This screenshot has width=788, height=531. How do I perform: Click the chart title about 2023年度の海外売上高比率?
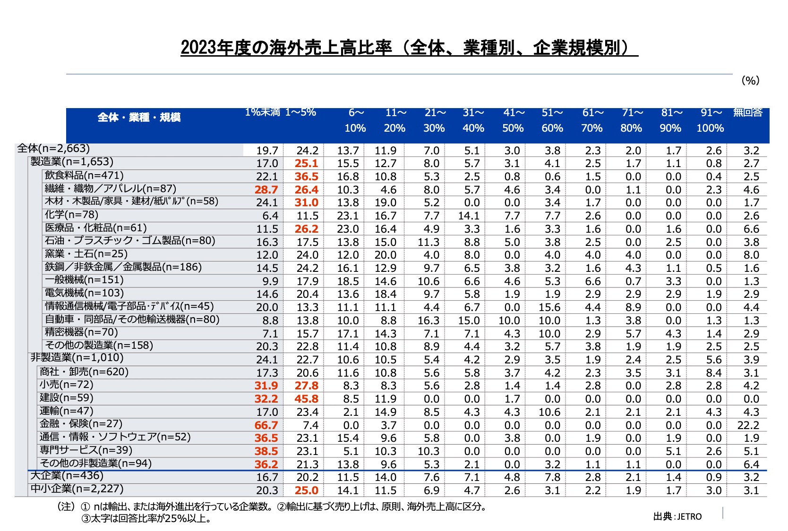[409, 48]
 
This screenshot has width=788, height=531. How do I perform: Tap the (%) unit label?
[750, 81]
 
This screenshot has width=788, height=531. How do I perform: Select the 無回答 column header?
[748, 112]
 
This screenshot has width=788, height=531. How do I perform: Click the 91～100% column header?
[711, 120]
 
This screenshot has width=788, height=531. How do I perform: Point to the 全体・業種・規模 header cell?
[139, 118]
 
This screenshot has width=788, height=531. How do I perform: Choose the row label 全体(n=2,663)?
[53, 149]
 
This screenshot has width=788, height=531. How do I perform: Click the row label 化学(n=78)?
[71, 215]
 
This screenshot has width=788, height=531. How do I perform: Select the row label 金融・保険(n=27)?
[81, 424]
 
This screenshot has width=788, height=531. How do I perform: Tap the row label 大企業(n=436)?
[67, 476]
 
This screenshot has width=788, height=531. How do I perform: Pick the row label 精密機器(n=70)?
[81, 332]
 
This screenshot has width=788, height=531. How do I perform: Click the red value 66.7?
[266, 425]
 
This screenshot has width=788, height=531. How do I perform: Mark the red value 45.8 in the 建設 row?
[307, 399]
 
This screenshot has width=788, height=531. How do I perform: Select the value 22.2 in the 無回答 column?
[748, 425]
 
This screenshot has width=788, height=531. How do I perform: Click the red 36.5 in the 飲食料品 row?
[307, 177]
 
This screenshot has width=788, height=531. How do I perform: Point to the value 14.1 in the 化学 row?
[469, 216]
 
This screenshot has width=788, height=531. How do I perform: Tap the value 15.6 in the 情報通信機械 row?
[549, 307]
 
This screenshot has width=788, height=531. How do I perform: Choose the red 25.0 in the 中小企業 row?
[307, 490]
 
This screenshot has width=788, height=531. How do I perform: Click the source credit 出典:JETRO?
[677, 516]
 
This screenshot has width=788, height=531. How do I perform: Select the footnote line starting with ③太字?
[146, 519]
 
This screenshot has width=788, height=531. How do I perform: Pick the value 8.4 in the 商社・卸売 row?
[713, 373]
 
